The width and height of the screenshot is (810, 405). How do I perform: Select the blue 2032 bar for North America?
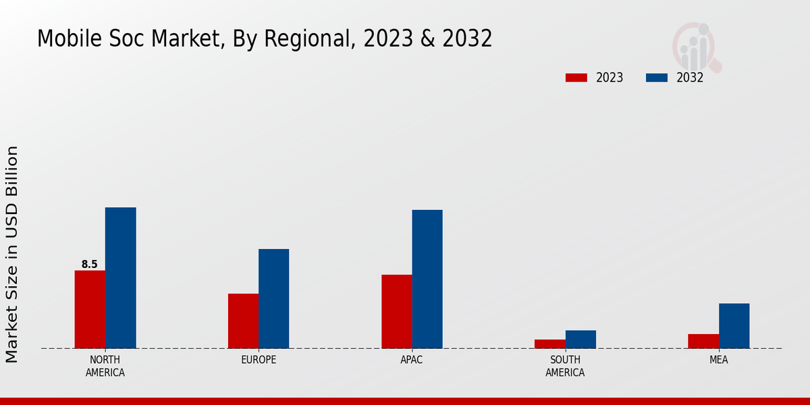pos(120,277)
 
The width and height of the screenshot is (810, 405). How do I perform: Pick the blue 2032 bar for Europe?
pos(273,298)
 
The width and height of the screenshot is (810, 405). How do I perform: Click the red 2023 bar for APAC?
pos(396,311)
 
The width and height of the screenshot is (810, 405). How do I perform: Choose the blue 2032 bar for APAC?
pos(427,279)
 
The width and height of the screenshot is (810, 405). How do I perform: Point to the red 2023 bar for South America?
pos(550,344)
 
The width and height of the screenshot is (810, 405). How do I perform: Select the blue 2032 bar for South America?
pos(580,339)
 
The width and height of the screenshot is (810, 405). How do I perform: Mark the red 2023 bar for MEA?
pos(703,341)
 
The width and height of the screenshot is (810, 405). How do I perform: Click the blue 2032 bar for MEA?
pos(734,325)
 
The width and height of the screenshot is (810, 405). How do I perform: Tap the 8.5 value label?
pos(90,265)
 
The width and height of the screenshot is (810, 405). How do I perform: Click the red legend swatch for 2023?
pos(576,78)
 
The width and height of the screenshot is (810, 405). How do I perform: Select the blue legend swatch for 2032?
pos(656,78)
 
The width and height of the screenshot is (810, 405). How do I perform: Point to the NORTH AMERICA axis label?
pos(105,366)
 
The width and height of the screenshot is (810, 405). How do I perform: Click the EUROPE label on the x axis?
pos(259,360)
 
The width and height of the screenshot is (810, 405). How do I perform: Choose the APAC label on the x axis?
pos(412,360)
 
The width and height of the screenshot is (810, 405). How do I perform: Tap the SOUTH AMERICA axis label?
pos(565,366)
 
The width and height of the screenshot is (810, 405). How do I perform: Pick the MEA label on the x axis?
pos(718,360)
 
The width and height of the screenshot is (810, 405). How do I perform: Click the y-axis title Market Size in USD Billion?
pos(13,254)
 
